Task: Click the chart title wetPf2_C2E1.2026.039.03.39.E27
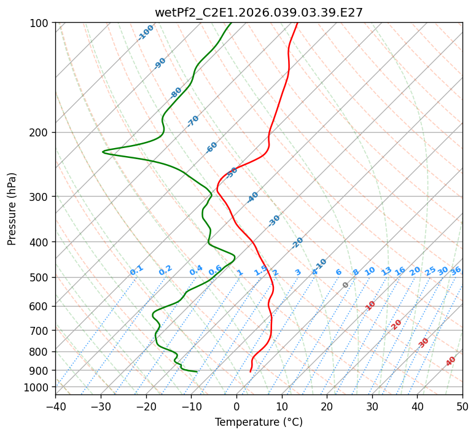coord(259,12)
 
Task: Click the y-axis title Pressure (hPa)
coord(12,209)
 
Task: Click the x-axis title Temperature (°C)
coord(259,423)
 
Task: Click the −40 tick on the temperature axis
coord(55,406)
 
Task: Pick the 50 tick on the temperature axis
coord(462,406)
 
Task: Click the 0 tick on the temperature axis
coord(236,406)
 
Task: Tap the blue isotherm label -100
coord(146,33)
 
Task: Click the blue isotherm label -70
coord(193,121)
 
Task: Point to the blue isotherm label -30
coord(274,221)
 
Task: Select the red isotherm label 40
coord(451,361)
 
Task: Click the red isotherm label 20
coord(397,324)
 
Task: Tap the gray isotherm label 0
coord(346,285)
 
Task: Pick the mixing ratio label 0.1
coord(136,270)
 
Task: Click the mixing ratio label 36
coord(456,270)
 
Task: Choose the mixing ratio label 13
coord(386,271)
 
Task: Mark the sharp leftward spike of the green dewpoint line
coord(103,151)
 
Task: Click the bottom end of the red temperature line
coord(250,372)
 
